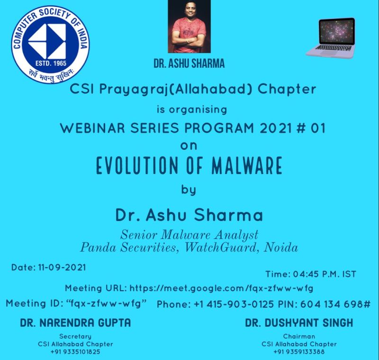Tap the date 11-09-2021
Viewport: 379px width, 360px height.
(x=61, y=268)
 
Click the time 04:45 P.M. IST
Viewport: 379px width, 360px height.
(x=327, y=274)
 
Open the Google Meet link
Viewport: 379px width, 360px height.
(x=221, y=288)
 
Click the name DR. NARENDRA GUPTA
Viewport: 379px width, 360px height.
(x=75, y=323)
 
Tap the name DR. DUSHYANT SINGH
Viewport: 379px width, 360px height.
(x=299, y=323)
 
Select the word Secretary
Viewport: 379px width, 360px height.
(x=75, y=336)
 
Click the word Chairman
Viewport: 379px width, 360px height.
(x=299, y=336)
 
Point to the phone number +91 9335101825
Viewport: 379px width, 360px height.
(x=75, y=352)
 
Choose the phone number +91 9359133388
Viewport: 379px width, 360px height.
(x=299, y=352)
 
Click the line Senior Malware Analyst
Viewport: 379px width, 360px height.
(x=189, y=234)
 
